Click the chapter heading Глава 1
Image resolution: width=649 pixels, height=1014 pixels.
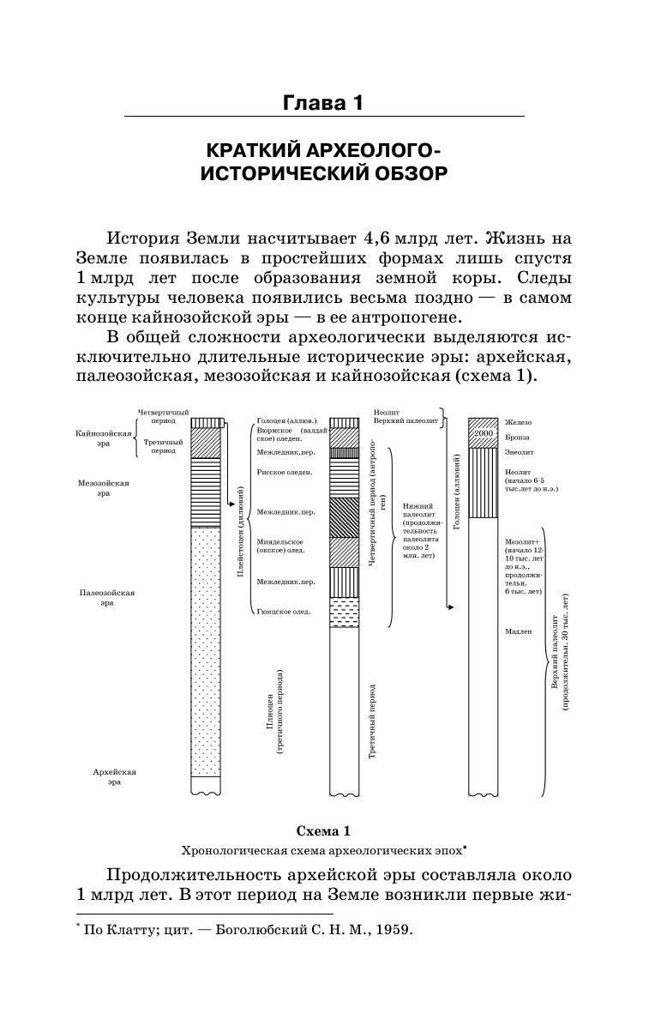323,103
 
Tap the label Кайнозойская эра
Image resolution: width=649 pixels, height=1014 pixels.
102,438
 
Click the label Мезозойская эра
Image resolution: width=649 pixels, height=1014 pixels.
103,488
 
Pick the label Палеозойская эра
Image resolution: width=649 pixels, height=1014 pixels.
107,597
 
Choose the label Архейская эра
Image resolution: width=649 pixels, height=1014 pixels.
114,776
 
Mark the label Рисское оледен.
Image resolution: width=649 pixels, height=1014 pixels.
284,472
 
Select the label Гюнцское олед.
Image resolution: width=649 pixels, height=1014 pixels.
283,612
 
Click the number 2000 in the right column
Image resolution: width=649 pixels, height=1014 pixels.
483,434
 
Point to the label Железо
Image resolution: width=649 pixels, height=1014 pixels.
518,422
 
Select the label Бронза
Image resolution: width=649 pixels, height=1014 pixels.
517,438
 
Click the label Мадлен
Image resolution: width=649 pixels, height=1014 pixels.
519,631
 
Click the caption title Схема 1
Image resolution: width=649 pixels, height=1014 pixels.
323,830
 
